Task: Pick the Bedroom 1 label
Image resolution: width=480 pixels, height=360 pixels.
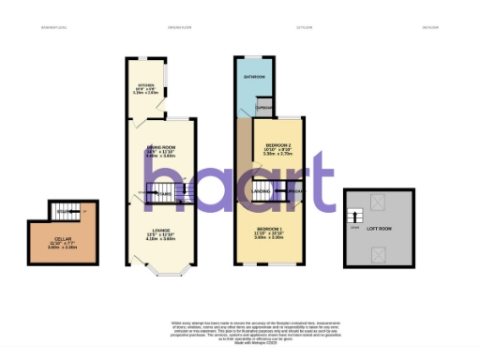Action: pyautogui.click(x=273, y=231)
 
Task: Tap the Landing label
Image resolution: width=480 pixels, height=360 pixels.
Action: pyautogui.click(x=262, y=194)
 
